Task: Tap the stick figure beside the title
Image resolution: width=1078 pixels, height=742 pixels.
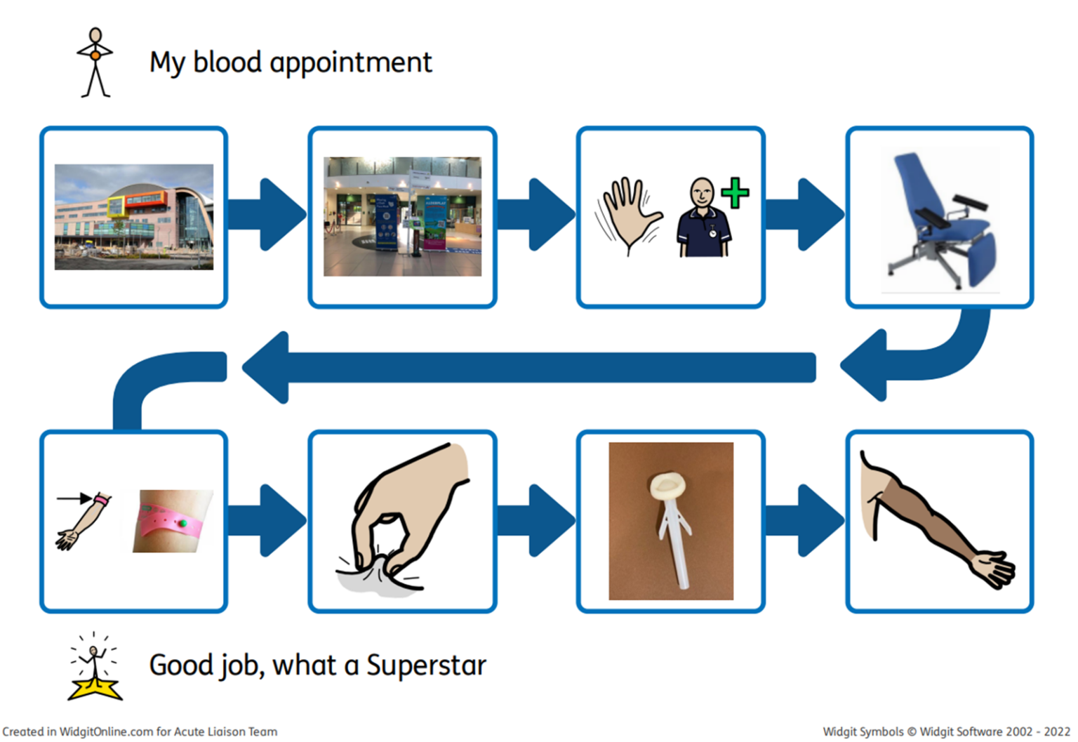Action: (x=95, y=62)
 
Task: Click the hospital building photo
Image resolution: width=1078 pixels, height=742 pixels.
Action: (x=134, y=217)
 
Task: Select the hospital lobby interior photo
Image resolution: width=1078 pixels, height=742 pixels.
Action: (x=402, y=216)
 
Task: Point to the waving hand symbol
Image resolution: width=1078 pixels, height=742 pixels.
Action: (x=627, y=213)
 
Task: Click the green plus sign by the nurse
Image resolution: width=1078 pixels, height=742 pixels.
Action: (x=734, y=193)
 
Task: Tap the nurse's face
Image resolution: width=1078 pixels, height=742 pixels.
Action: (x=701, y=192)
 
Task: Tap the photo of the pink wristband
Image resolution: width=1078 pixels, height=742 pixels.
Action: (x=172, y=521)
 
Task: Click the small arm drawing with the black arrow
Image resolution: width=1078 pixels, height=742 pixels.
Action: (x=83, y=521)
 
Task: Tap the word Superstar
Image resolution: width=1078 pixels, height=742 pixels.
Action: (x=426, y=665)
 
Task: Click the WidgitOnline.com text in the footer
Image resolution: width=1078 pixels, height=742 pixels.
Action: (x=106, y=731)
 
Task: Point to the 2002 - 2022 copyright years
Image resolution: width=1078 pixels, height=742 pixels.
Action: (x=1037, y=731)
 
